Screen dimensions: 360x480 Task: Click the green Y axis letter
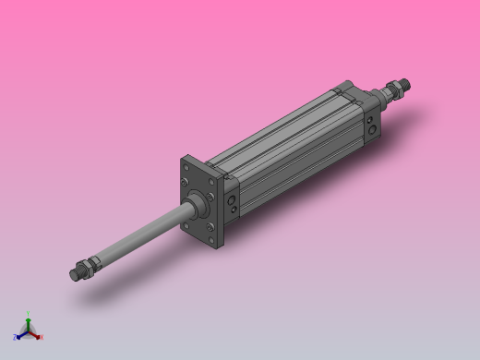pos(29,314)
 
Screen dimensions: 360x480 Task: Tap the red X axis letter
pos(42,337)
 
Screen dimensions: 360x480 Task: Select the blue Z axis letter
pos(16,338)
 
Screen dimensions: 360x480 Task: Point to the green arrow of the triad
pos(29,321)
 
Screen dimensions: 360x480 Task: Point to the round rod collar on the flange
pos(196,203)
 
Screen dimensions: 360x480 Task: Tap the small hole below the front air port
pos(233,210)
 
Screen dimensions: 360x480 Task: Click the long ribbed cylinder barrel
pos(295,148)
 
